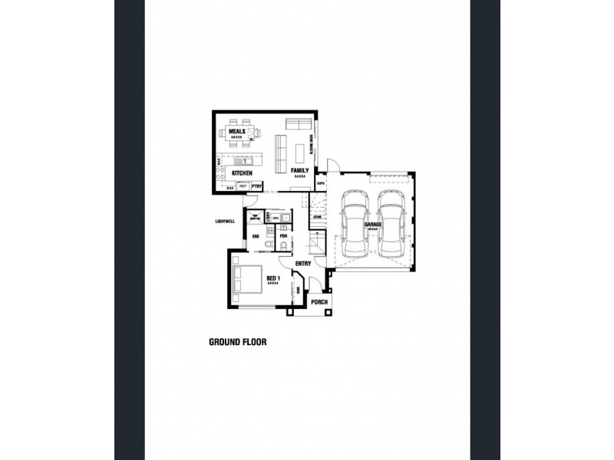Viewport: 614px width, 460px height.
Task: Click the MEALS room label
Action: click(x=236, y=132)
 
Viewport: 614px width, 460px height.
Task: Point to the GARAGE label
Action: click(x=374, y=225)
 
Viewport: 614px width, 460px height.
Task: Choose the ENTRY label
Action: click(x=302, y=264)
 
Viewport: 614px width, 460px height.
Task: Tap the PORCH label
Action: click(x=320, y=302)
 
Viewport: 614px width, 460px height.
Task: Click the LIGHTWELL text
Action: click(x=225, y=222)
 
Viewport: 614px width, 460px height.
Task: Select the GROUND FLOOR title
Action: click(x=237, y=343)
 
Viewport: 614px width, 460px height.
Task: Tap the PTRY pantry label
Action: click(x=257, y=186)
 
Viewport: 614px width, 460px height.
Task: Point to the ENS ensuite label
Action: click(x=256, y=237)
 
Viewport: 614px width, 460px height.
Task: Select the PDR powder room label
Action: click(x=282, y=236)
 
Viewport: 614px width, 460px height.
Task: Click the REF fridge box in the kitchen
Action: click(x=243, y=186)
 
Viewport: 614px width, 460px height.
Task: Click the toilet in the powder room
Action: click(x=282, y=245)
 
